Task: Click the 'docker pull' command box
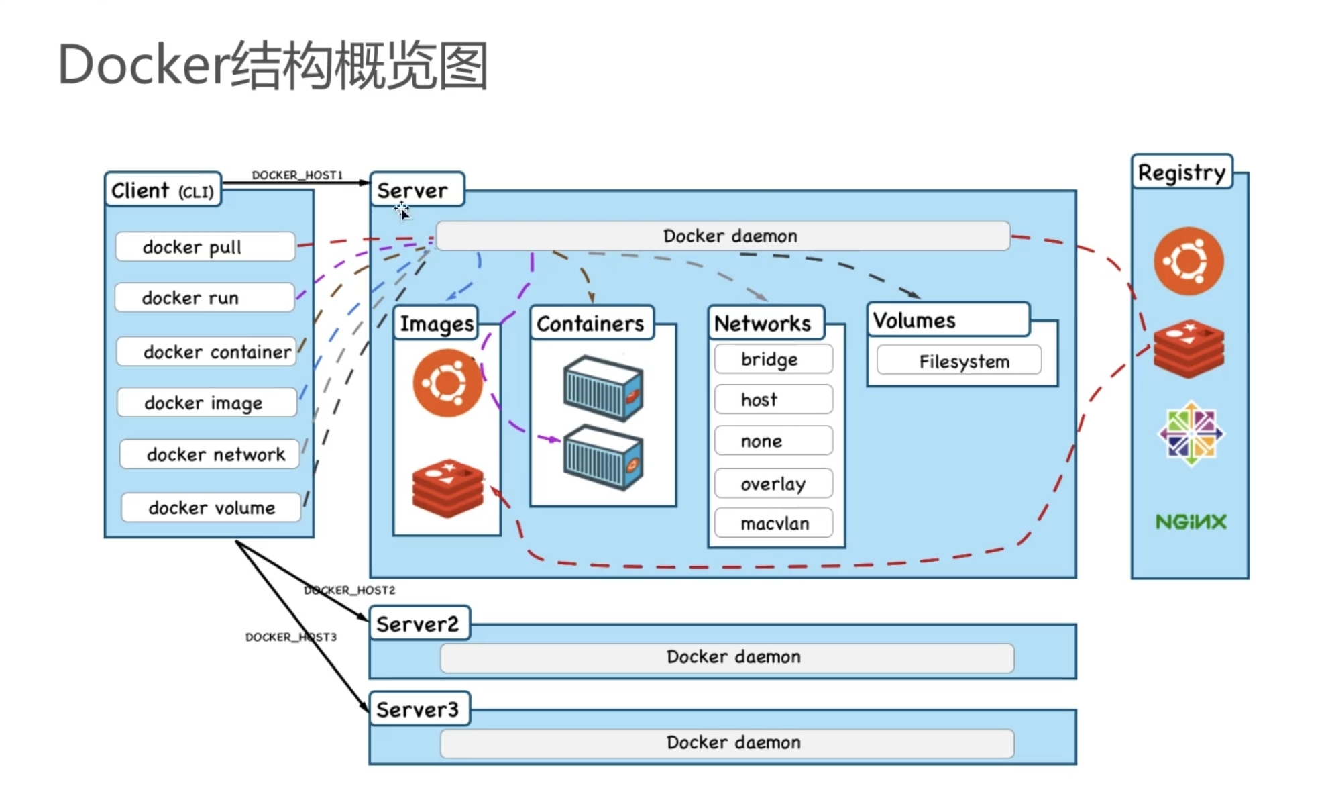[205, 247]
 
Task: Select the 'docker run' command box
[204, 297]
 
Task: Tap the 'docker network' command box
[209, 454]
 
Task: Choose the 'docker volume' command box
[211, 507]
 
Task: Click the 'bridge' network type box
[773, 359]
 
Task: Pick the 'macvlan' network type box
[773, 523]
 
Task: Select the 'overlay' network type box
[773, 483]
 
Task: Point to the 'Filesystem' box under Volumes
[959, 361]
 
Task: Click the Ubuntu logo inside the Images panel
[447, 383]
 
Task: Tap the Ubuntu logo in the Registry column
[1189, 261]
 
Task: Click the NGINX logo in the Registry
[1191, 522]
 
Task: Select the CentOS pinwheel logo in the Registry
[1191, 434]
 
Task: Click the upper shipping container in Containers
[603, 389]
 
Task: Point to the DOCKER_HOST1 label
[297, 175]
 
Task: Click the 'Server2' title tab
[419, 624]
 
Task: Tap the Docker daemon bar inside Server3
[727, 742]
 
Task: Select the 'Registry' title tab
[1181, 172]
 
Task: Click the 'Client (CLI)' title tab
[162, 191]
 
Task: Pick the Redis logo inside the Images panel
[447, 488]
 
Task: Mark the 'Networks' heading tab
[764, 323]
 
